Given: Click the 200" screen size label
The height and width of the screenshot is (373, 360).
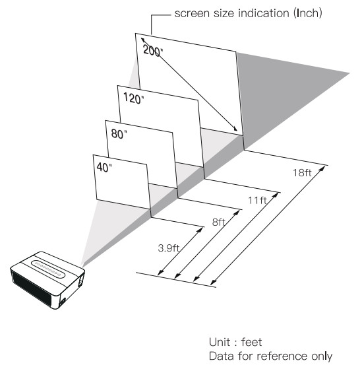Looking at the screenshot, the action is tap(153, 50).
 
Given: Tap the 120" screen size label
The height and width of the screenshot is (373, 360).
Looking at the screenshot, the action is tap(134, 98).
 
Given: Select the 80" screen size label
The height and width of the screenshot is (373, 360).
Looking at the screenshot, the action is tap(119, 134).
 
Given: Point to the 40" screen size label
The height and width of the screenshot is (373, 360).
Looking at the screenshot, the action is tap(104, 168).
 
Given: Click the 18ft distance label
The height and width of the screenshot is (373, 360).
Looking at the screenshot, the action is tap(302, 173).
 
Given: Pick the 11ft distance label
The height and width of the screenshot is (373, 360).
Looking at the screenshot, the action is tap(257, 200).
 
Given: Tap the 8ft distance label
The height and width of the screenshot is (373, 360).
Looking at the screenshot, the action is tap(219, 222).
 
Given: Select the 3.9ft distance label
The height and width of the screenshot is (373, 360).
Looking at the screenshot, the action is tap(169, 248).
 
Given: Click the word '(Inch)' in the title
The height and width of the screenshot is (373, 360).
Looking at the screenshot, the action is tap(308, 13).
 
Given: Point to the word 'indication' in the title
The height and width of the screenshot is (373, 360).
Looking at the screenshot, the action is tap(263, 13).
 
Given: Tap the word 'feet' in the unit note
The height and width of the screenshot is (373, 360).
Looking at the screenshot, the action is tap(252, 342).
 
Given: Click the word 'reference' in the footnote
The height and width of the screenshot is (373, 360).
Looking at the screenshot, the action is tap(282, 356).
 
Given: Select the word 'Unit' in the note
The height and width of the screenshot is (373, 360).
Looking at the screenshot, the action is tap(220, 342).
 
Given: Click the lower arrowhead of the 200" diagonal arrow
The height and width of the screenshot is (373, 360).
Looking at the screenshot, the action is tap(235, 129).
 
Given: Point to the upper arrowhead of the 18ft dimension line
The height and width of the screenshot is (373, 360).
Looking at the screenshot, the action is tap(322, 168).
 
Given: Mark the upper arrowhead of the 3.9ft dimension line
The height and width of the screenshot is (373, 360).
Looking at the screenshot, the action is tap(201, 229).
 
